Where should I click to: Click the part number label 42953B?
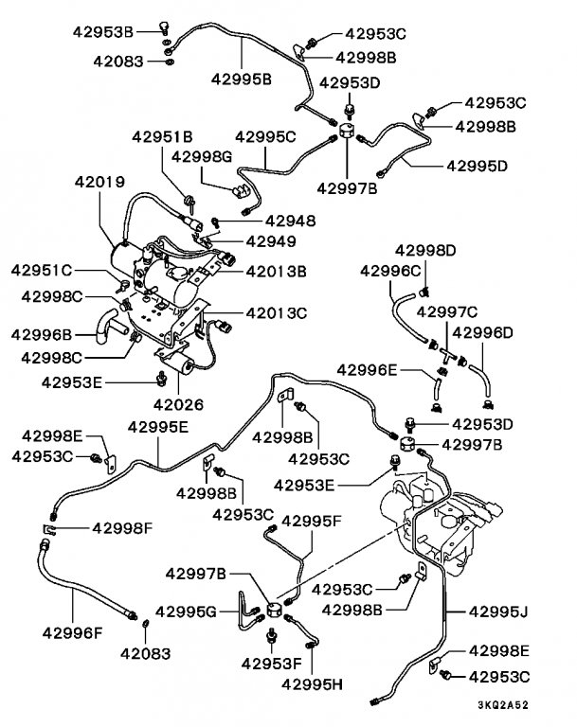coord(103,31)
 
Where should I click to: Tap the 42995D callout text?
coord(477,167)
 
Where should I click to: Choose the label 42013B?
coord(276,271)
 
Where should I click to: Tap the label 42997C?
coord(446,312)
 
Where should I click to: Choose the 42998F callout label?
coord(123,527)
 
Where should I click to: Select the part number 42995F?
coord(315,521)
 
